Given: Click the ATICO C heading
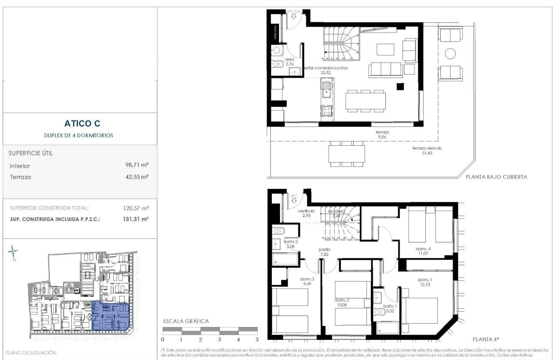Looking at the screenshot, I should point(82,124).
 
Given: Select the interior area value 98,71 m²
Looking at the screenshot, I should point(137,165).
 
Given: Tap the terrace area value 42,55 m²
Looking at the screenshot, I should point(137,176).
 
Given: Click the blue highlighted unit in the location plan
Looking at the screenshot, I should point(110,316).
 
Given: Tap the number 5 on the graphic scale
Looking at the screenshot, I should point(257,339).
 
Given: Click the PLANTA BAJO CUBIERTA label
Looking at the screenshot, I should point(496,177).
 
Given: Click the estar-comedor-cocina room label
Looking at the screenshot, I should point(326,68).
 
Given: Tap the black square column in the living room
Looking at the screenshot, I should point(400,87).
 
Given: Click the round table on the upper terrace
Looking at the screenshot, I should point(450,54).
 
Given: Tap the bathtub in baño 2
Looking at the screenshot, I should point(286,259).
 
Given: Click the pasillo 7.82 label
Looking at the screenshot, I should point(324,252).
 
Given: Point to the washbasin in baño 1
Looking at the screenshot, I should point(379,297).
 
